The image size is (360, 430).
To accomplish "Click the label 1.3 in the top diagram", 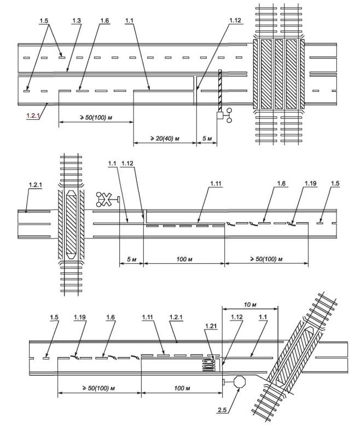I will click(76, 20).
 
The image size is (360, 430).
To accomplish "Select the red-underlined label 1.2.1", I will click(34, 116).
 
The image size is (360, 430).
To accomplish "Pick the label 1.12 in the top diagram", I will click(235, 20).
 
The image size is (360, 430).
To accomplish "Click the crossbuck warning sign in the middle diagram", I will click(103, 199).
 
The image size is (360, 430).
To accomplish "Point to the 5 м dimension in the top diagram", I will click(207, 139).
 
